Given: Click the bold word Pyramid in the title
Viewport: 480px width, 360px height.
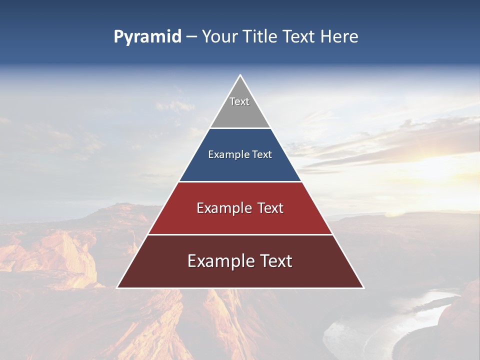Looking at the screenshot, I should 147,37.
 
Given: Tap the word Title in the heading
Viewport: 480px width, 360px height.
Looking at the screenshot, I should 260,37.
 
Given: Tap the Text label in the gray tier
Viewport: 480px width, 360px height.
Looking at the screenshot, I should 239,101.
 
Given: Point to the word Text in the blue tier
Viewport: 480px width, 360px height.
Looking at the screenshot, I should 262,154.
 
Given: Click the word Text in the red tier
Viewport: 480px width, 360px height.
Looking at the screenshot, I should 271,208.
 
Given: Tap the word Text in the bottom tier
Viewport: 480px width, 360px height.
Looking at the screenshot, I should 275,261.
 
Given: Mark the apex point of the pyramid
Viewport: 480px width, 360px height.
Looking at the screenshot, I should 240,75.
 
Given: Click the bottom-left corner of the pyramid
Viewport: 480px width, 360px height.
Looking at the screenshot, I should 117,287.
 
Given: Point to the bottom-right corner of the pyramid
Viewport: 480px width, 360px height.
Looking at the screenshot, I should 363,287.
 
